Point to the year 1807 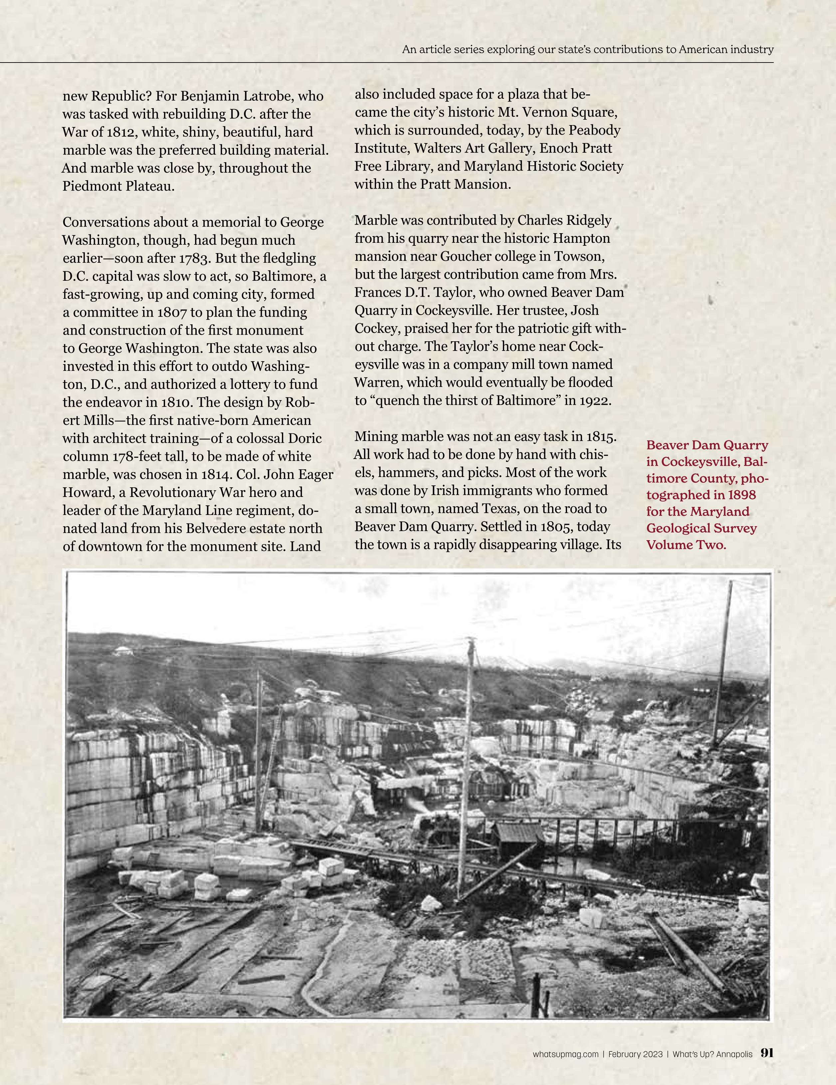pyautogui.click(x=172, y=312)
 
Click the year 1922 pyautogui.click(x=594, y=400)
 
